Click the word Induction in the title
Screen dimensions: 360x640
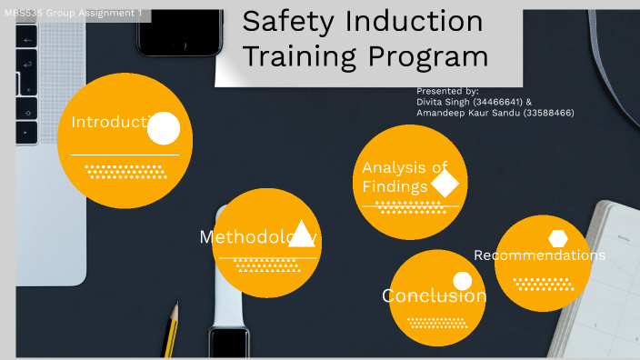[x=406, y=22]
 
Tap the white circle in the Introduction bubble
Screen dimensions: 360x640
[x=164, y=129]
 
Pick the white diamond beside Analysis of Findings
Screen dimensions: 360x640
[x=445, y=185]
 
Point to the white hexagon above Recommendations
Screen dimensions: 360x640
[x=558, y=238]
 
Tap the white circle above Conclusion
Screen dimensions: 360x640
[x=463, y=281]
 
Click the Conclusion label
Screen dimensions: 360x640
[x=434, y=296]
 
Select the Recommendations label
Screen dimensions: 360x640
[x=539, y=255]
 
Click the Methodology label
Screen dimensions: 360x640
[x=257, y=237]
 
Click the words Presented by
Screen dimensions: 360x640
[x=447, y=92]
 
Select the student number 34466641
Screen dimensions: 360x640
[x=496, y=102]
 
